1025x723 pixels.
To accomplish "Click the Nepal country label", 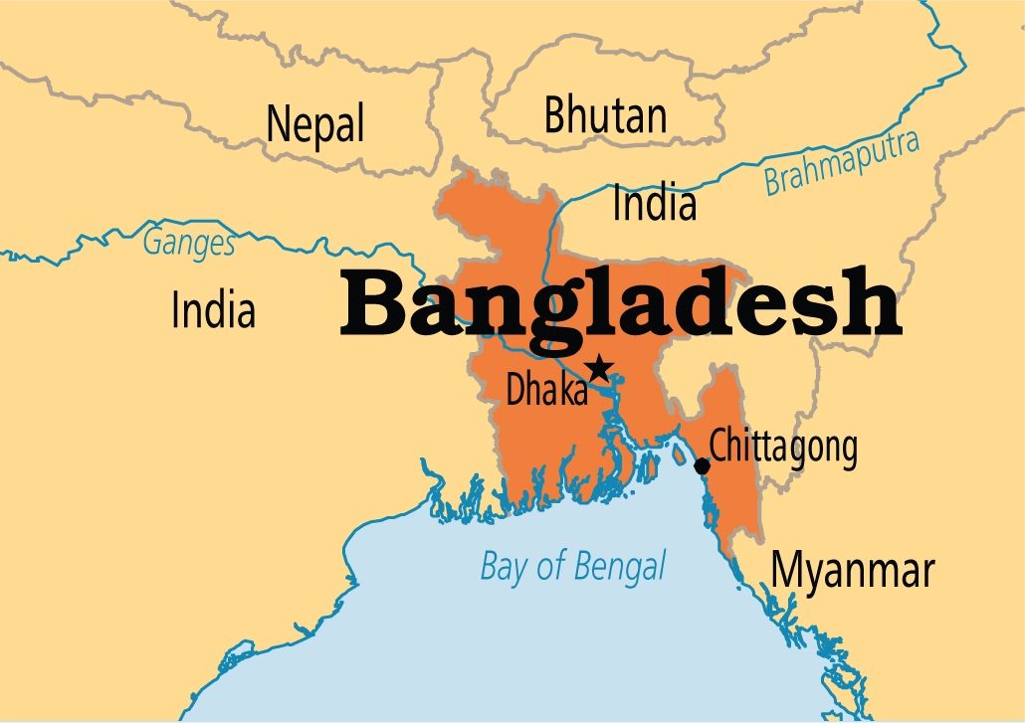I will (315, 124).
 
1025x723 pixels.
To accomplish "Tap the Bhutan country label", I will (605, 116).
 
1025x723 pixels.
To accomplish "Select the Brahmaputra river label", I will (842, 162).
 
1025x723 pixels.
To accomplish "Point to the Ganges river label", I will (189, 242).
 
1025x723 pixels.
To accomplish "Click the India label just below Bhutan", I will (654, 204).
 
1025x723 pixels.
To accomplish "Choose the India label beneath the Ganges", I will (213, 309).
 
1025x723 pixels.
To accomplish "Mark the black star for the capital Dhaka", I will (598, 369).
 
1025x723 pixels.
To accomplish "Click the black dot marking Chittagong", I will (702, 465).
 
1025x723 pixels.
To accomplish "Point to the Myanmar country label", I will (854, 571).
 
